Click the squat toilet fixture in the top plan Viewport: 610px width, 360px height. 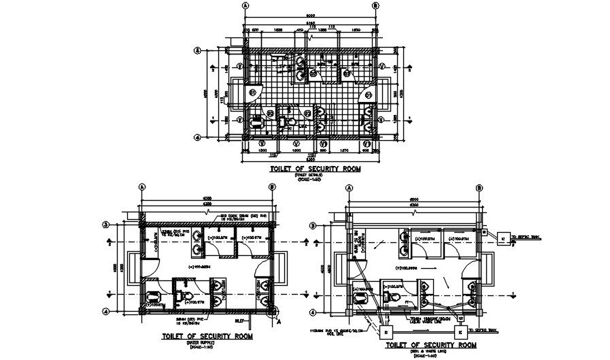pos(258,123)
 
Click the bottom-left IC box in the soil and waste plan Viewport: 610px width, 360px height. pos(382,335)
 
